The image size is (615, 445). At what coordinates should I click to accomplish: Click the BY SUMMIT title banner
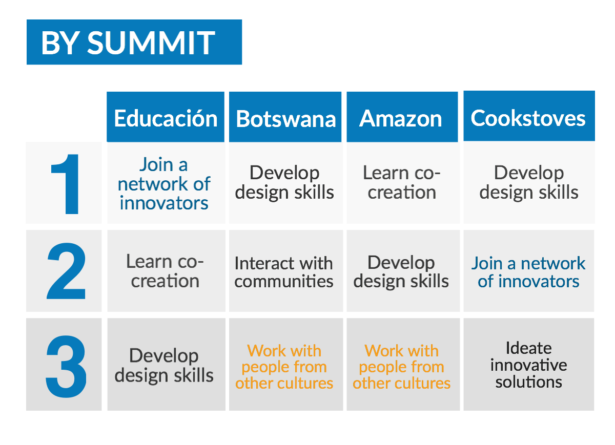(x=134, y=42)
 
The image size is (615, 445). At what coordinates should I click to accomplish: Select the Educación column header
(x=166, y=117)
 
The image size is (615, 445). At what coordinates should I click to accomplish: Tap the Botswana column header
(x=285, y=117)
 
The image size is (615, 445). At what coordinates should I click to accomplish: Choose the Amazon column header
(x=402, y=117)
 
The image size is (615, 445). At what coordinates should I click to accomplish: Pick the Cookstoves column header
(x=529, y=116)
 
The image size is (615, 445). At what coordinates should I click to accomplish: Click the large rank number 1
(x=66, y=184)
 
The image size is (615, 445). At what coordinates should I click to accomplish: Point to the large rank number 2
(x=66, y=271)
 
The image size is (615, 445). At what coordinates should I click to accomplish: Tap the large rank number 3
(x=66, y=366)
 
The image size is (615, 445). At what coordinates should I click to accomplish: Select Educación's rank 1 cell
(x=166, y=183)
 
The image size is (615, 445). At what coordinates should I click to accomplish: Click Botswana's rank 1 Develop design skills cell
(x=286, y=183)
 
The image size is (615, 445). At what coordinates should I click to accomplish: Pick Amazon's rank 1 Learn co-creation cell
(x=403, y=183)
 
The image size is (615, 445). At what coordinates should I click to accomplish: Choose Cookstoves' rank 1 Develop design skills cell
(x=529, y=183)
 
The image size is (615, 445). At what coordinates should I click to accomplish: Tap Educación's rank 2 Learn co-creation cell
(x=166, y=271)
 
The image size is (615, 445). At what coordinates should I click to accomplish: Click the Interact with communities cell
(x=286, y=271)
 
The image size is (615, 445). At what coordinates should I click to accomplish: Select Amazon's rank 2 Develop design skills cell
(x=403, y=271)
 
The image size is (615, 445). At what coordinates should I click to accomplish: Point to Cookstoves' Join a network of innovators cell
(x=529, y=271)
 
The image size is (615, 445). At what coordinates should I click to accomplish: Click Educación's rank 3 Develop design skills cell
(x=166, y=364)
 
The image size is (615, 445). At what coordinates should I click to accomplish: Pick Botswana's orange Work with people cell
(x=286, y=364)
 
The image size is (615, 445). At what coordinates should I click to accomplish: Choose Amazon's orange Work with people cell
(x=403, y=364)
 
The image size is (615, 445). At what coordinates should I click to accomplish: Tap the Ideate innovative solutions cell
(x=529, y=364)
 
